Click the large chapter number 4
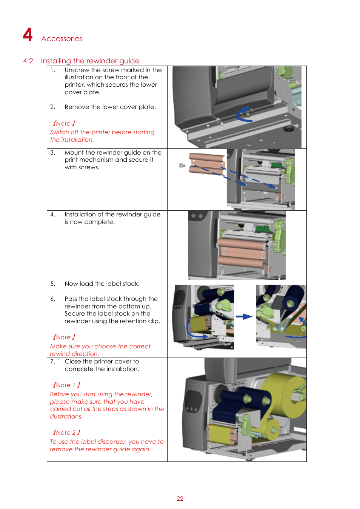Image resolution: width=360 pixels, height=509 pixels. pos(28,35)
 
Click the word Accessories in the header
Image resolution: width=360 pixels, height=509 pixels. pos(62,38)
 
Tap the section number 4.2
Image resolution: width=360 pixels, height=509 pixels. pos(28,61)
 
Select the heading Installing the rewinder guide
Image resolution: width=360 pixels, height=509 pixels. pos(90,61)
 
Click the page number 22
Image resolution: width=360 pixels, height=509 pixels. pos(180,498)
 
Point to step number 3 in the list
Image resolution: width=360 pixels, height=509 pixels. pos(52,152)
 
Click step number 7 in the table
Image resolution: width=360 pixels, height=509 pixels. pos(52,361)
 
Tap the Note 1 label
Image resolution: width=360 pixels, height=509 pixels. pos(66,385)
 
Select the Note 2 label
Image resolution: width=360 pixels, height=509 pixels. pos(66,432)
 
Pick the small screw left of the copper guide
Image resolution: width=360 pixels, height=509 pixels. pos(182,165)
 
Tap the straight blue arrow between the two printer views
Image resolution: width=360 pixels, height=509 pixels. pos(244,316)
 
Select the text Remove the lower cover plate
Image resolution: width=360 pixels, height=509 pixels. pos(110,107)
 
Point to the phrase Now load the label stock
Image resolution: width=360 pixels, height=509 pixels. pos(102,284)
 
